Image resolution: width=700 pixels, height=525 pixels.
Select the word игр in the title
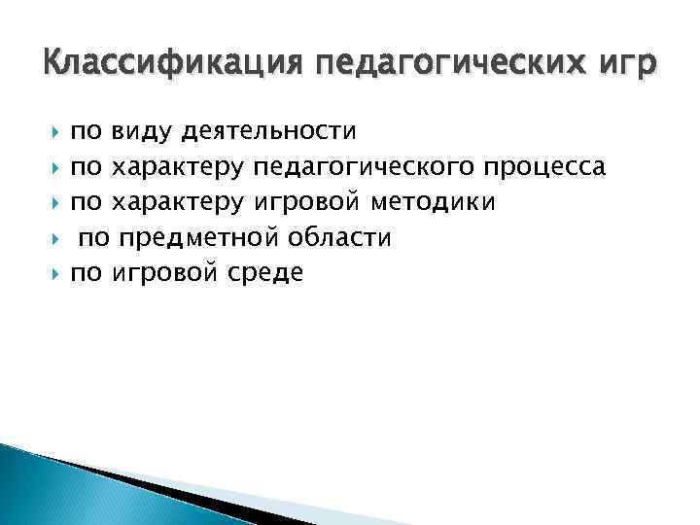627,64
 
